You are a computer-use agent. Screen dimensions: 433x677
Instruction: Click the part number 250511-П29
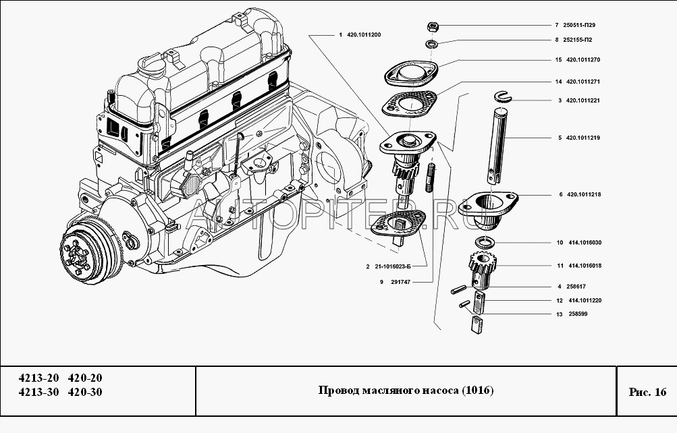[x=581, y=25]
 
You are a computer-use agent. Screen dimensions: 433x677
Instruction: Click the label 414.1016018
[x=585, y=266]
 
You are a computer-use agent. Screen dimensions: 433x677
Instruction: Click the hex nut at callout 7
[x=433, y=26]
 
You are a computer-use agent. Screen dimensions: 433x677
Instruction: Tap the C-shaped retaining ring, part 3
[x=502, y=97]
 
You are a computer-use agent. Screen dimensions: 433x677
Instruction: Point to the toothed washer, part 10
[x=485, y=243]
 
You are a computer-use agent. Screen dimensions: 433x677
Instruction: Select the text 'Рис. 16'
[x=647, y=392]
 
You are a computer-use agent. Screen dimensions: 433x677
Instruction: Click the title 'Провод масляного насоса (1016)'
[x=406, y=392]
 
